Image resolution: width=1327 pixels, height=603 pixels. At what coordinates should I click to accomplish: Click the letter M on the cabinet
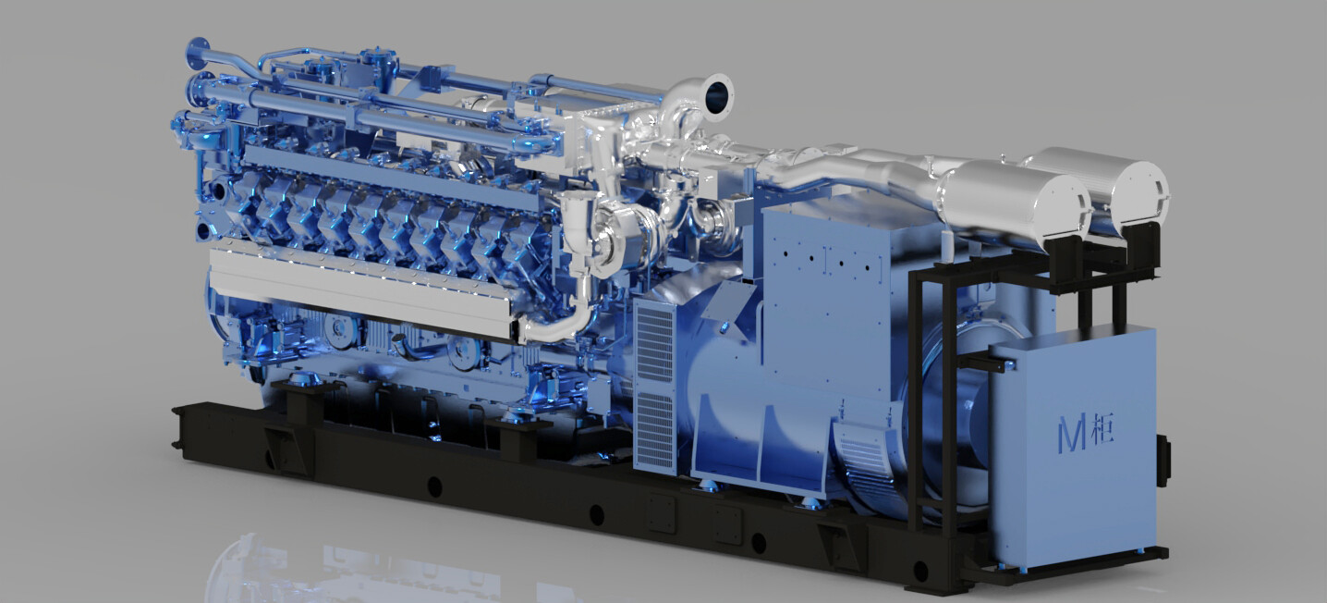(x=1072, y=434)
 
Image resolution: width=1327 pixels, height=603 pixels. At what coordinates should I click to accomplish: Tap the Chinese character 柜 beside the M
(x=1102, y=428)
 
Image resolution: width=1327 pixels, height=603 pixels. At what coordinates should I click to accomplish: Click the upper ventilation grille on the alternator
(x=654, y=343)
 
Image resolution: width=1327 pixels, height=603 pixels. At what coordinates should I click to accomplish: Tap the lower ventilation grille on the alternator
(x=654, y=431)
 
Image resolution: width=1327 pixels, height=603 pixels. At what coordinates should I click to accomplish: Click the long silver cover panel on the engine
(x=362, y=290)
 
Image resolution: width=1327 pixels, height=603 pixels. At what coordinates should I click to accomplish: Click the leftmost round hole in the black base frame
(x=434, y=487)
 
